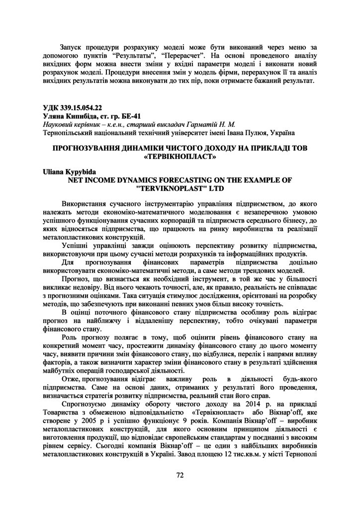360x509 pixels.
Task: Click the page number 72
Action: (180, 475)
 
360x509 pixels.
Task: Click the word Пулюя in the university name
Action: (241, 133)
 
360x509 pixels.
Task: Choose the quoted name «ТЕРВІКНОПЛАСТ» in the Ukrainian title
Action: (180, 157)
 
